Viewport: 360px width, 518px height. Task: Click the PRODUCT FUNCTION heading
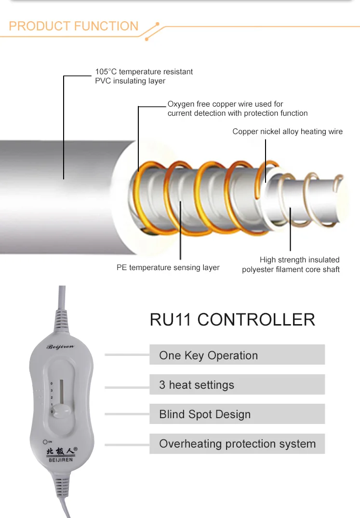point(74,26)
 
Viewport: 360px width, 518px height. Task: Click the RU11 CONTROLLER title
point(232,319)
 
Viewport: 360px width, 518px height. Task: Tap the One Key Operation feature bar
point(237,355)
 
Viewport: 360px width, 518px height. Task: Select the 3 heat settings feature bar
point(237,385)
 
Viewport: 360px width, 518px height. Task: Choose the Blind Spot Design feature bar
point(237,414)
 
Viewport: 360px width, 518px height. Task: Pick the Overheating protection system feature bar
point(237,444)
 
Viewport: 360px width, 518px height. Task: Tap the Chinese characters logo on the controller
point(61,451)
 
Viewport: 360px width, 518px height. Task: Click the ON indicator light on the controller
point(45,441)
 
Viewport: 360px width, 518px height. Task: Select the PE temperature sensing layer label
point(168,267)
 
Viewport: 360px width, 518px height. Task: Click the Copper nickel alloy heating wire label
point(287,131)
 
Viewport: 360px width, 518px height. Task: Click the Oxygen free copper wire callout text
point(237,109)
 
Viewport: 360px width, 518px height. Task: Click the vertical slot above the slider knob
point(61,389)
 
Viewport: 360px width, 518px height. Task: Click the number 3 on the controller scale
point(52,391)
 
